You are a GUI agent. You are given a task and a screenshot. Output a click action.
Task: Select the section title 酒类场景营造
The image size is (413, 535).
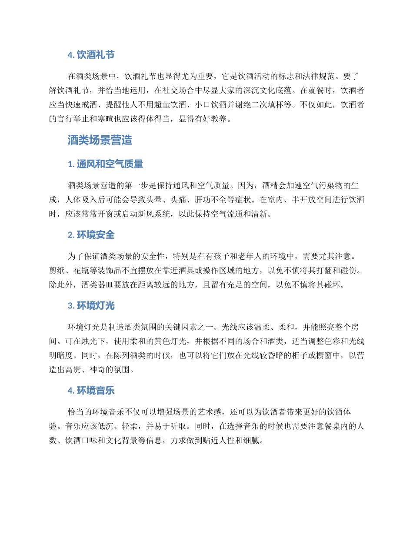tap(100, 140)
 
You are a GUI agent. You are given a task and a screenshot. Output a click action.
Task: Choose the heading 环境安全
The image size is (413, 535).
tap(95, 235)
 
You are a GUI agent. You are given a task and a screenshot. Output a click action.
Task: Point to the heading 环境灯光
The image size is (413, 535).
tap(95, 305)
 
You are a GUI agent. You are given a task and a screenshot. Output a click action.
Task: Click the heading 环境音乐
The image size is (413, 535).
tap(95, 391)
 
